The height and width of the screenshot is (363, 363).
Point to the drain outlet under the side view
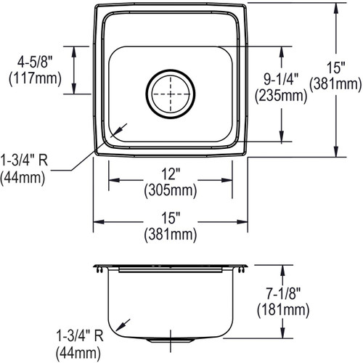171,338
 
